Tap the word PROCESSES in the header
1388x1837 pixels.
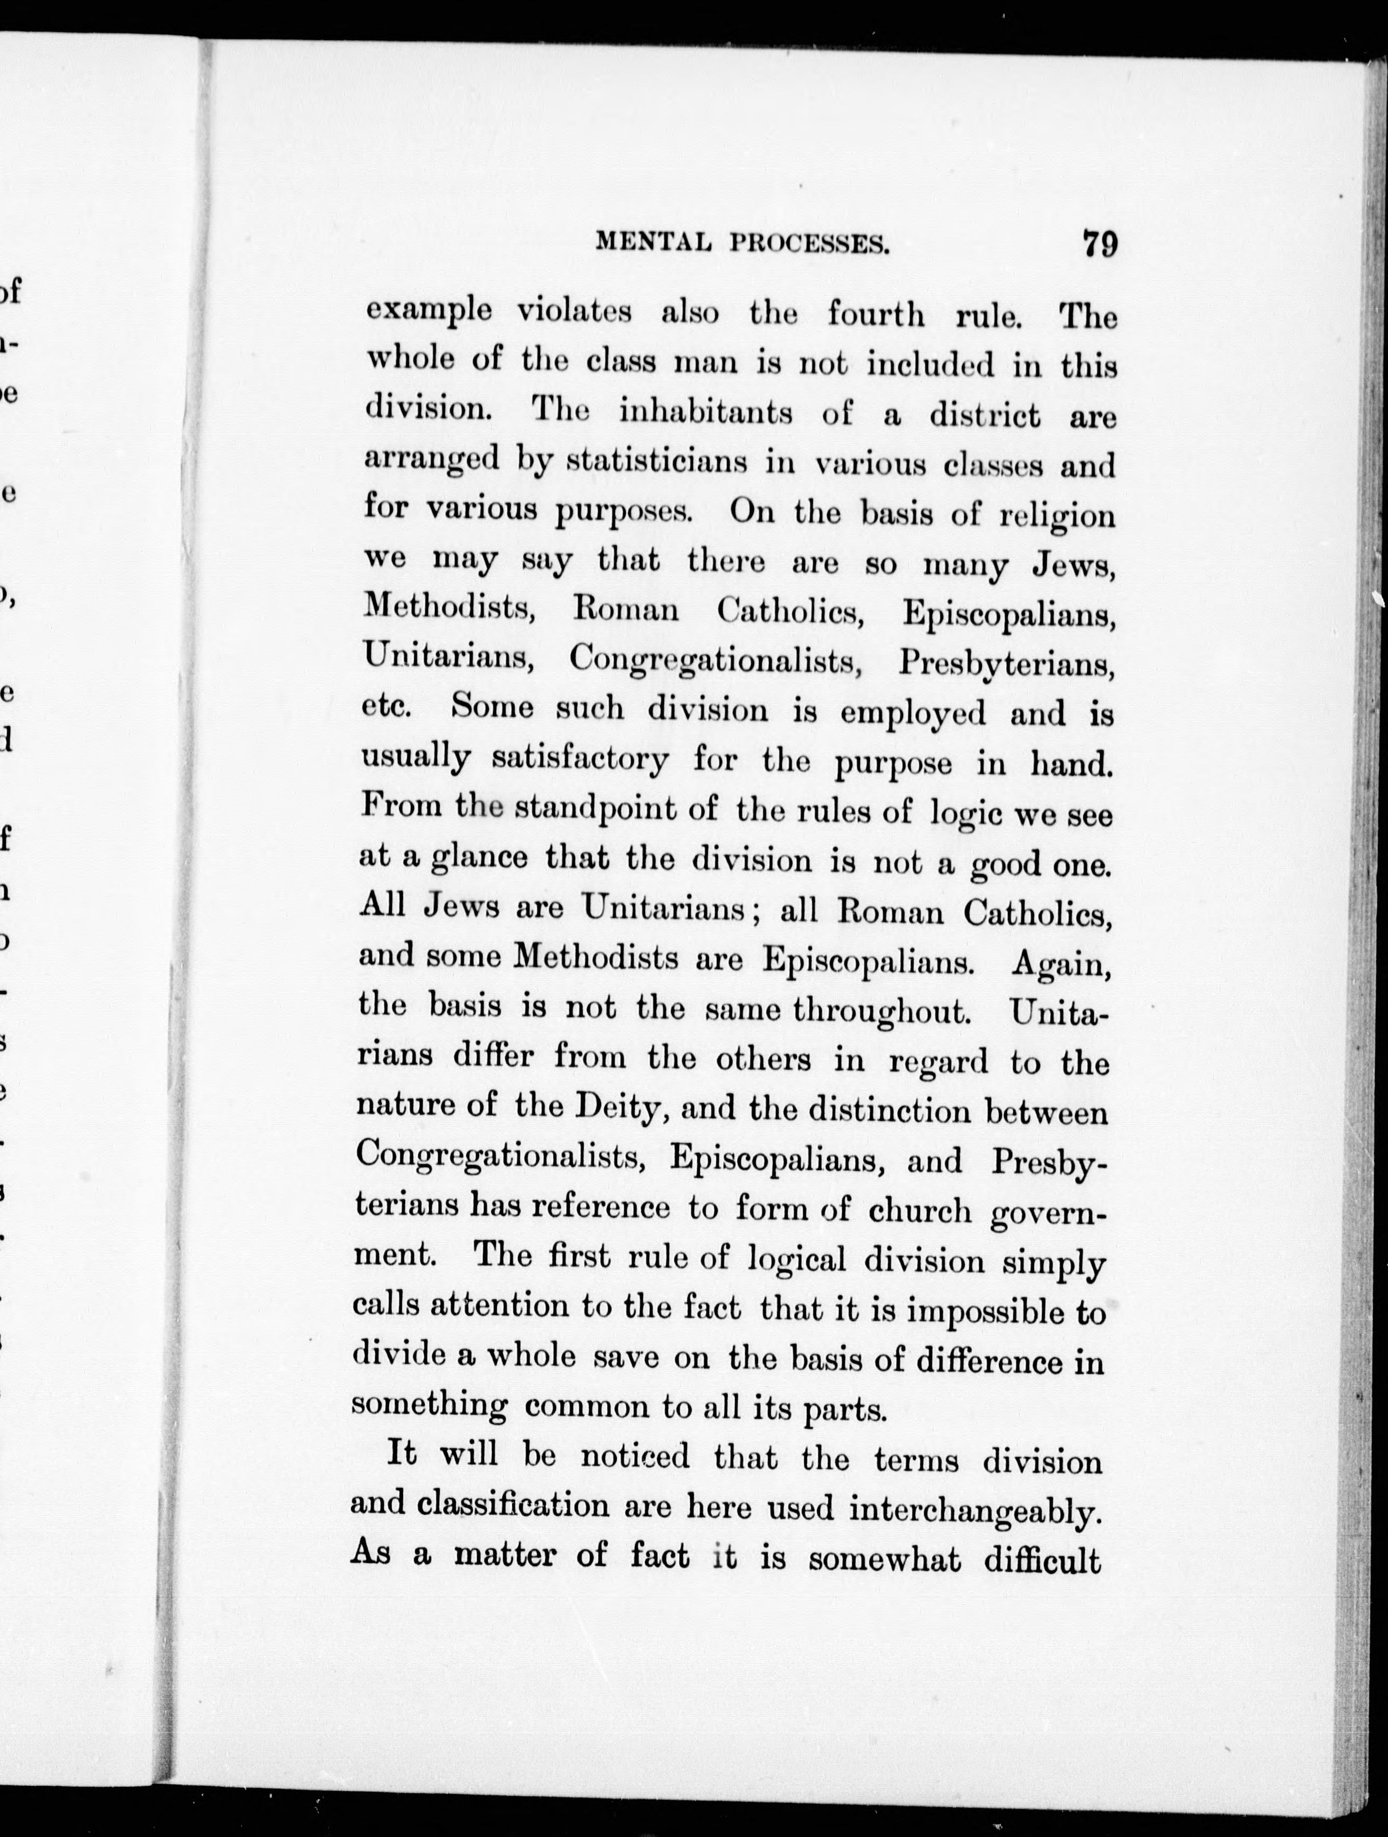tap(810, 243)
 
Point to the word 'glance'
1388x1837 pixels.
tap(479, 858)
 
